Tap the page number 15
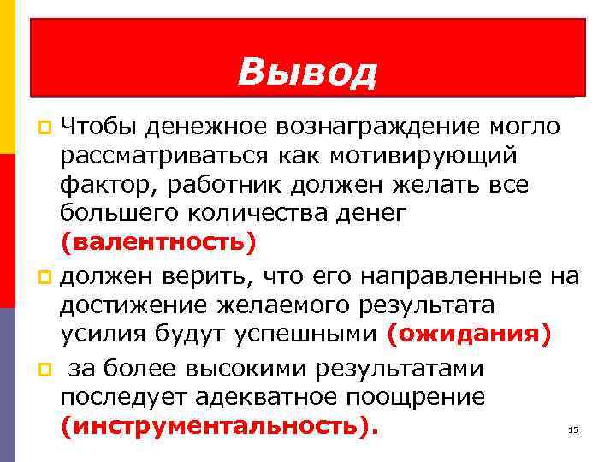point(573,430)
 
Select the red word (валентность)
point(158,242)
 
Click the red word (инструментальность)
point(218,425)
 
